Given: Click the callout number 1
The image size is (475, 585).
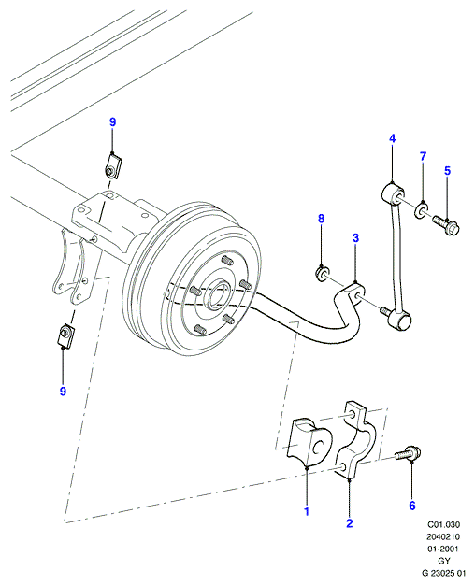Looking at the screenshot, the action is (x=307, y=511).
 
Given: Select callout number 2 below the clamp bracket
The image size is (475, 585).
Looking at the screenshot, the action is (x=349, y=523).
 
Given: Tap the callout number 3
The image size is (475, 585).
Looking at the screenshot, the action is (x=355, y=237).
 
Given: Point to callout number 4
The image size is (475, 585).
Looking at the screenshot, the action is (x=392, y=139).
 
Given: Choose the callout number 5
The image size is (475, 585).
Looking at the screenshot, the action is (x=447, y=171).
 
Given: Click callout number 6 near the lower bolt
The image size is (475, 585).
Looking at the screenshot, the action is (x=412, y=506).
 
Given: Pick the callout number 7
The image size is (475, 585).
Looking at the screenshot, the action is (x=423, y=156).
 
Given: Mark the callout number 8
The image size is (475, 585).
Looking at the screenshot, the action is (x=321, y=219).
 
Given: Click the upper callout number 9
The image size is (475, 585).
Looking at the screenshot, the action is (x=113, y=122).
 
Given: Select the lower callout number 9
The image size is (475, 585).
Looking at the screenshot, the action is (x=63, y=392).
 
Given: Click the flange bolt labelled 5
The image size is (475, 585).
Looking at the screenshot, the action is (x=446, y=223).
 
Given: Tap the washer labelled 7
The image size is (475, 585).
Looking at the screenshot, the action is (x=421, y=210).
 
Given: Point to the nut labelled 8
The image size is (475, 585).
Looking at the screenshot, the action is (x=322, y=274).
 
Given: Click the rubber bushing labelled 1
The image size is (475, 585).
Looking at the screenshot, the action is (x=308, y=442).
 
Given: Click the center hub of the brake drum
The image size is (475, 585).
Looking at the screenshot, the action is (x=218, y=293).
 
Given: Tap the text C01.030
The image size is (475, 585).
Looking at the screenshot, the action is (x=443, y=524).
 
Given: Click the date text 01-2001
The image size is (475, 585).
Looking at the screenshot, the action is (x=443, y=549).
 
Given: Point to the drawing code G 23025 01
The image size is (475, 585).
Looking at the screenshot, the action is (x=443, y=573).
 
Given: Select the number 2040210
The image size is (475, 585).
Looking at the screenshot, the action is (x=443, y=536).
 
